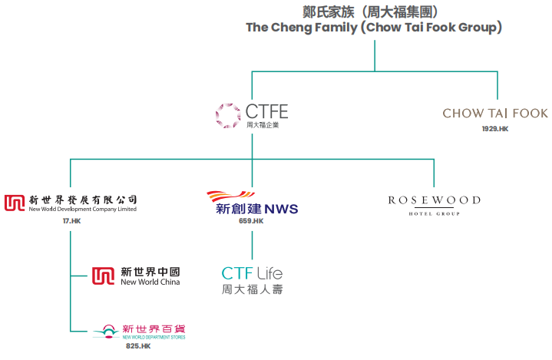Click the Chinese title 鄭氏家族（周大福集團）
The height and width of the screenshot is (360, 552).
[x=374, y=11]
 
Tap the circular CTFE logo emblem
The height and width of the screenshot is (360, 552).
[x=228, y=114]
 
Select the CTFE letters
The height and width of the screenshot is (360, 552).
[x=266, y=112]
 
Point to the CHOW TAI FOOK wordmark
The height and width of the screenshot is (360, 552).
[x=495, y=114]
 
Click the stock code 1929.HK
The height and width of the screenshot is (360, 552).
[x=495, y=129]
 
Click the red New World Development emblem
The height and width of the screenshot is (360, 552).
[x=15, y=203]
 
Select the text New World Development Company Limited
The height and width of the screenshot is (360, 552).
[x=83, y=210]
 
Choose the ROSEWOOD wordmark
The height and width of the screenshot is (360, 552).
[x=434, y=200]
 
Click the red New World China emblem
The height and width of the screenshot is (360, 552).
[x=103, y=276]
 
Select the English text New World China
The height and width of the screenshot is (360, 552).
[x=150, y=282]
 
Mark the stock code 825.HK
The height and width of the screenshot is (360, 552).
[x=138, y=346]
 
